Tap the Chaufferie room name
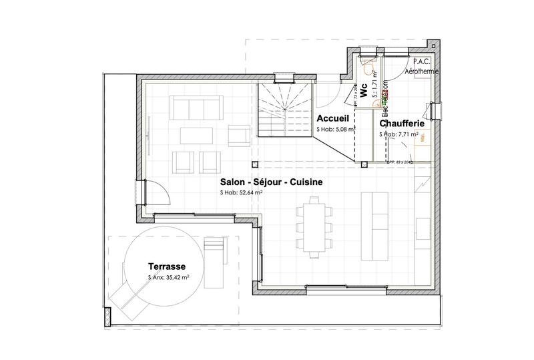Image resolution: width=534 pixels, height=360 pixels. tap(404, 124)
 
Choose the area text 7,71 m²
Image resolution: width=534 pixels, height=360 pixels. tap(400, 134)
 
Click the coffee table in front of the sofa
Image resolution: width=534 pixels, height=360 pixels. tap(197, 135)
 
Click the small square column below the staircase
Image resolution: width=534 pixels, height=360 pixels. tap(254, 164)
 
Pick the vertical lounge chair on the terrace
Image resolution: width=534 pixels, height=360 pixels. tap(215, 253)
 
